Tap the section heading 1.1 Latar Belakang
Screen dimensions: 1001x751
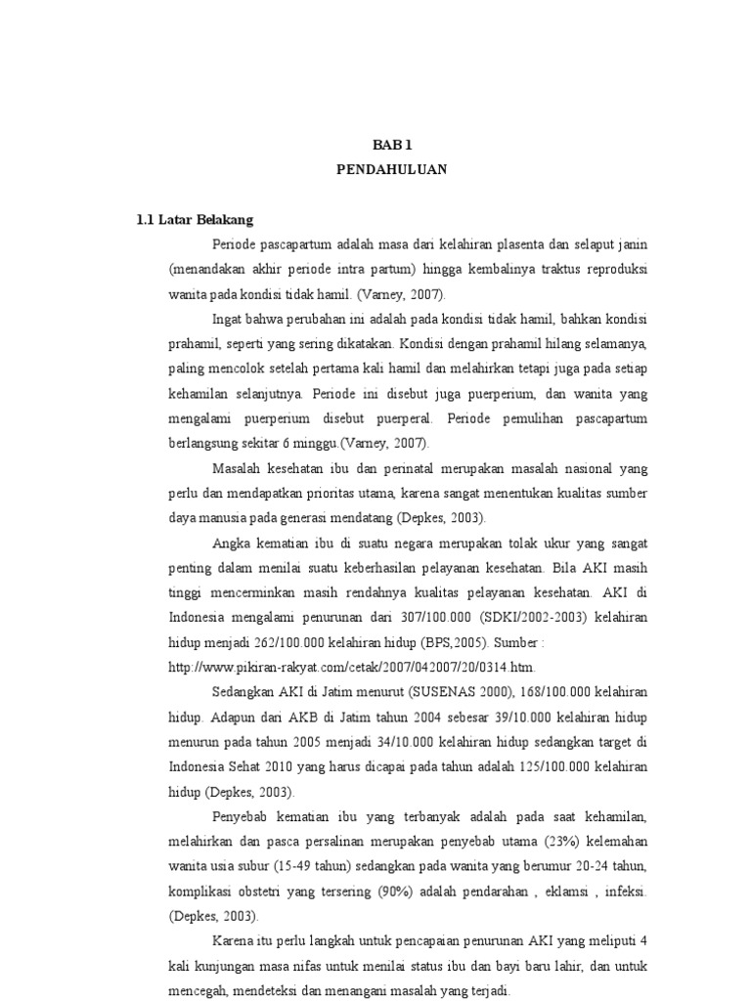(x=196, y=219)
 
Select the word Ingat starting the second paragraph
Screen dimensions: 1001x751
(x=225, y=319)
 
